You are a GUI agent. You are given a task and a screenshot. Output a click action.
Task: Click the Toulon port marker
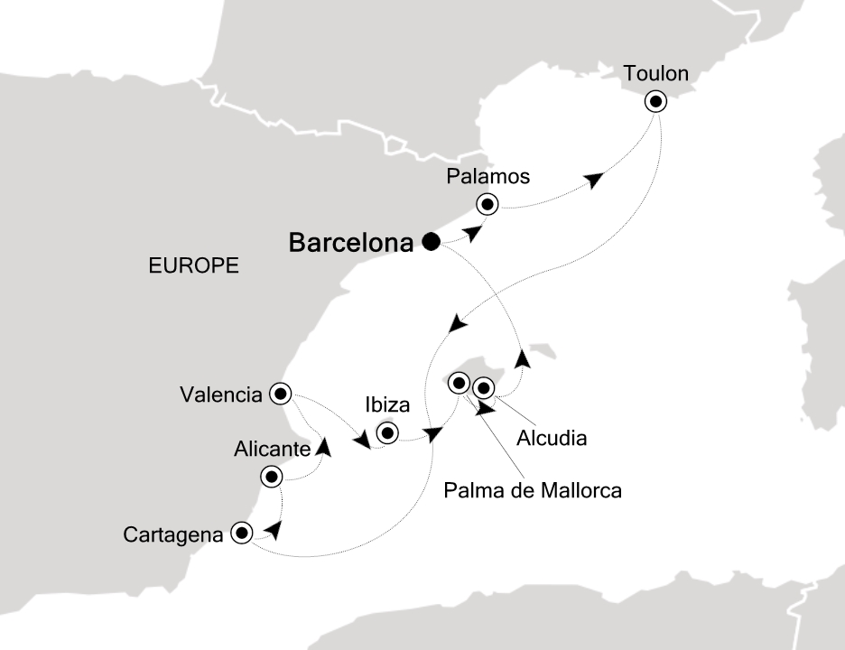click(656, 101)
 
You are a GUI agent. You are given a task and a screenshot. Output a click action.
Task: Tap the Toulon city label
click(656, 73)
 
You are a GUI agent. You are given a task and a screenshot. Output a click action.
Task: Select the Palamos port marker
click(488, 205)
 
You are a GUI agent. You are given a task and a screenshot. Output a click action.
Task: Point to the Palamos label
click(487, 176)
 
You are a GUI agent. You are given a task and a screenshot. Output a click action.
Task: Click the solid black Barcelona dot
click(431, 242)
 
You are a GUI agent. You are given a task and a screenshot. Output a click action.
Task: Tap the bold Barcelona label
click(351, 243)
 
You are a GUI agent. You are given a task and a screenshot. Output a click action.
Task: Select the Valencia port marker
click(281, 393)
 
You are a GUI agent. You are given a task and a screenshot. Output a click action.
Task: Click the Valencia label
click(221, 395)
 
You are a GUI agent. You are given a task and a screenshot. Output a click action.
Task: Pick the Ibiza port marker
click(387, 433)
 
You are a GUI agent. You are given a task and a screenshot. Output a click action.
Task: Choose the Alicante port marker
click(271, 476)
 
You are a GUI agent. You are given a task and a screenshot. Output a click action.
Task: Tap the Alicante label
click(271, 448)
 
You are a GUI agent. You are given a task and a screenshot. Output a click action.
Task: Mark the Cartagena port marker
click(241, 533)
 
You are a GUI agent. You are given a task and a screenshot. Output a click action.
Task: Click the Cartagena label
click(173, 534)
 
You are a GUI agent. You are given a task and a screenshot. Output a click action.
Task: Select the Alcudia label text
click(552, 439)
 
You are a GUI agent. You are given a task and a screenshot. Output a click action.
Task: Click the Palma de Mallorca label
click(533, 491)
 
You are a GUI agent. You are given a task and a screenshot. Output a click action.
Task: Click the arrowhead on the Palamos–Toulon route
click(593, 181)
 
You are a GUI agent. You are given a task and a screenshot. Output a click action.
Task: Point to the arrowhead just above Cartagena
click(274, 528)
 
